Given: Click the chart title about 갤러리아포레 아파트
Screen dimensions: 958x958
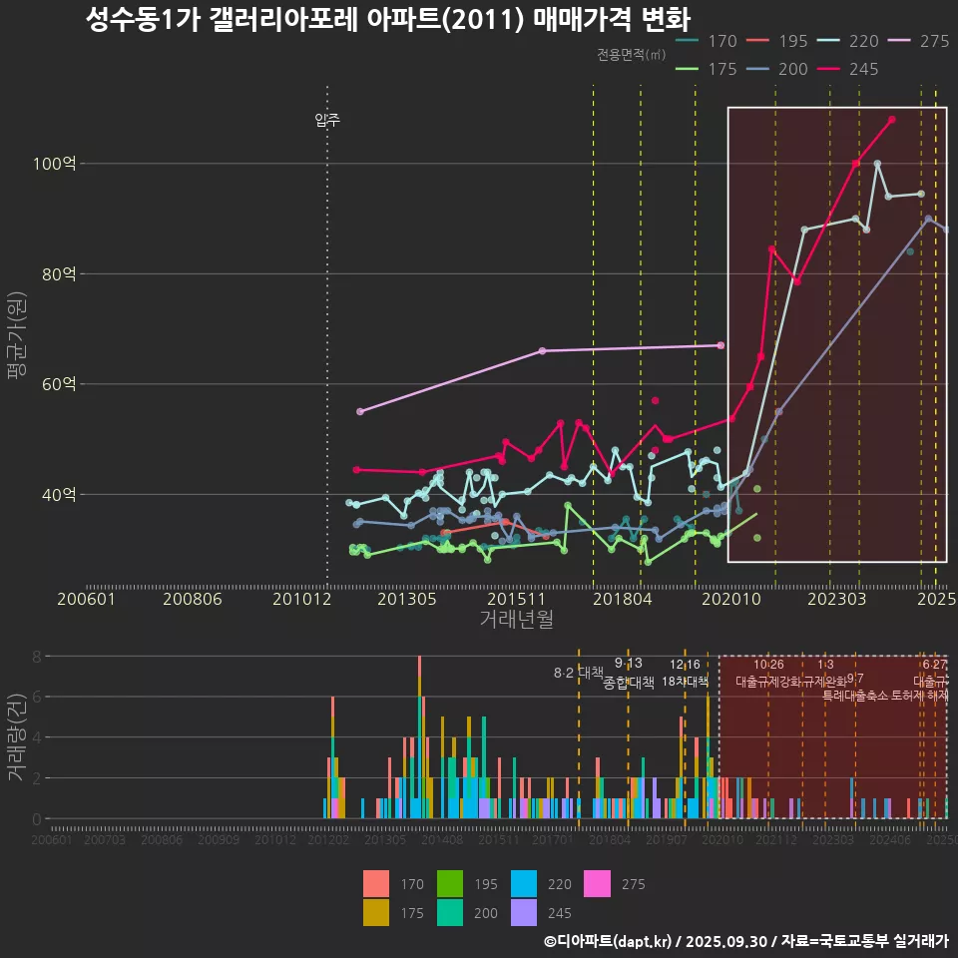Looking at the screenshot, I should (388, 21).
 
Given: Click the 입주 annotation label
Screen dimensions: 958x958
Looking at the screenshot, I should (327, 121).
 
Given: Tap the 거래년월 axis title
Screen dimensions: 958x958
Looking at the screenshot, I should (516, 620).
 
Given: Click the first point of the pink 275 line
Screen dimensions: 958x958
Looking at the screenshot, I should (360, 411).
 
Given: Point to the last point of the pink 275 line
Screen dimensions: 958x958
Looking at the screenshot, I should (720, 345).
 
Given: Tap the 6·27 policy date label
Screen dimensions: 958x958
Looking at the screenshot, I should (934, 665).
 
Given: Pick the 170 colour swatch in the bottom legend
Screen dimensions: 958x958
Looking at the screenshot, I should (376, 884).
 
